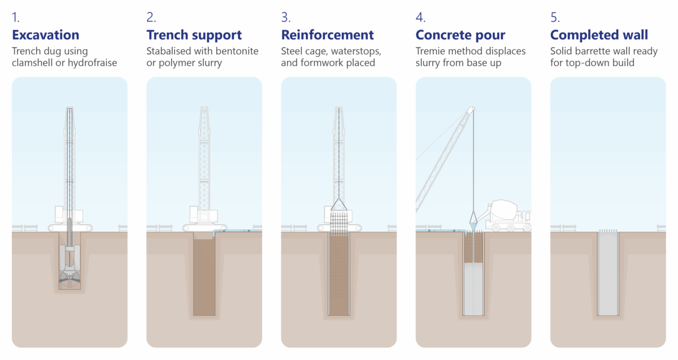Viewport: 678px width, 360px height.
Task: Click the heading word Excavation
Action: (x=45, y=35)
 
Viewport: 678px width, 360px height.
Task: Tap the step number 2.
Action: (x=151, y=17)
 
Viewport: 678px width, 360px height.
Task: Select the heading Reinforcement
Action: (x=327, y=35)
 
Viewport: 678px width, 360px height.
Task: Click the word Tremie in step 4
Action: (x=432, y=51)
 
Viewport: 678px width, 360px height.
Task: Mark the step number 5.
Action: (x=555, y=17)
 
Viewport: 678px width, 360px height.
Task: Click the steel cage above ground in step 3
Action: (x=338, y=221)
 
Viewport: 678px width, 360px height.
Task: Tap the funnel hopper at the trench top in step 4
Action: (x=473, y=225)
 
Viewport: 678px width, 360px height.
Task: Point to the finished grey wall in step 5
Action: (x=609, y=274)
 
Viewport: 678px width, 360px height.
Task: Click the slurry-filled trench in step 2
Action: (x=204, y=277)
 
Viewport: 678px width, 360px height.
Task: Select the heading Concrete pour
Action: (x=460, y=35)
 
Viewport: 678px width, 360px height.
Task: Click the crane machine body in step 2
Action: (x=203, y=215)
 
